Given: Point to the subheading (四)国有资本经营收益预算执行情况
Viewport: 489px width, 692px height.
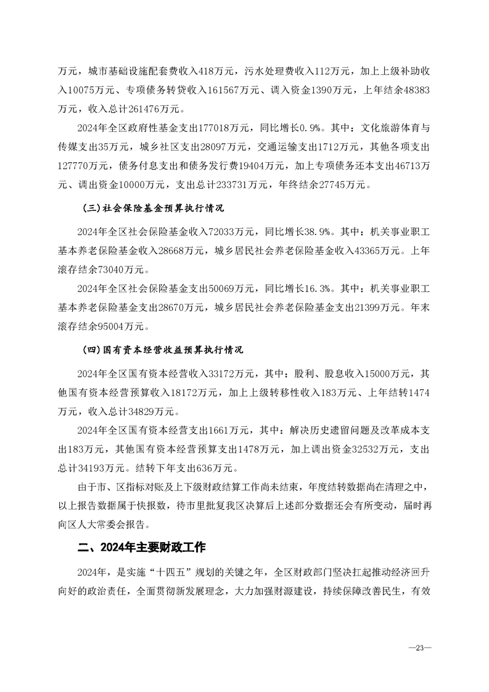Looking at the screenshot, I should pos(163,350).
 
